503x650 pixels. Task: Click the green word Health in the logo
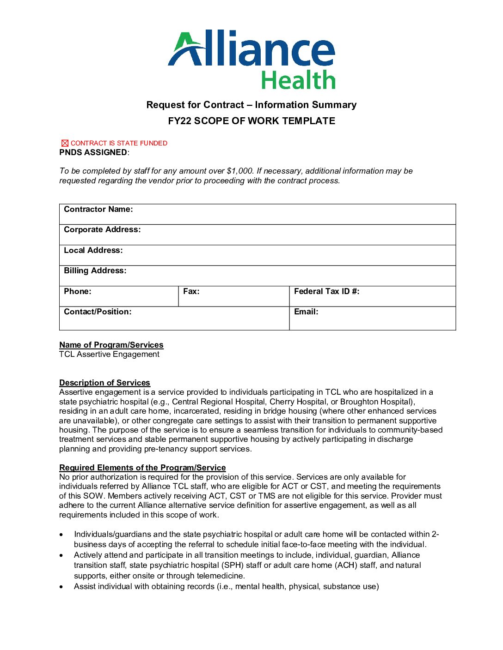(298, 80)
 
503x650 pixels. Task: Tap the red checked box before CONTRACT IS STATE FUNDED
(65, 143)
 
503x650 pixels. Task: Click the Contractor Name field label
(98, 209)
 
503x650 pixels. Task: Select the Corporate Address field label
(102, 229)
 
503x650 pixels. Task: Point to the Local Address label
(93, 250)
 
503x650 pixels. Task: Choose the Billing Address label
(95, 271)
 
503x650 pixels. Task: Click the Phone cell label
(77, 291)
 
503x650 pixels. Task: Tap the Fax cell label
(191, 291)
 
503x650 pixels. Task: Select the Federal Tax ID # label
(326, 291)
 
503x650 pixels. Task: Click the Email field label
(306, 312)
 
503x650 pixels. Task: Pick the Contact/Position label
(98, 312)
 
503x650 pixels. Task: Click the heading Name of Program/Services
(111, 345)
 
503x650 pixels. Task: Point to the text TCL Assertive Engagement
(109, 354)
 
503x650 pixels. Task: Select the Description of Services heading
(104, 383)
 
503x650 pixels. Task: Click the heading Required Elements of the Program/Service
(142, 468)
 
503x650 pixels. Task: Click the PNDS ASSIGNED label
(93, 152)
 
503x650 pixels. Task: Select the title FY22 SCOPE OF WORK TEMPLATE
(251, 121)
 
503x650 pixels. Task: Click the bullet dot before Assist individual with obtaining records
(61, 587)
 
